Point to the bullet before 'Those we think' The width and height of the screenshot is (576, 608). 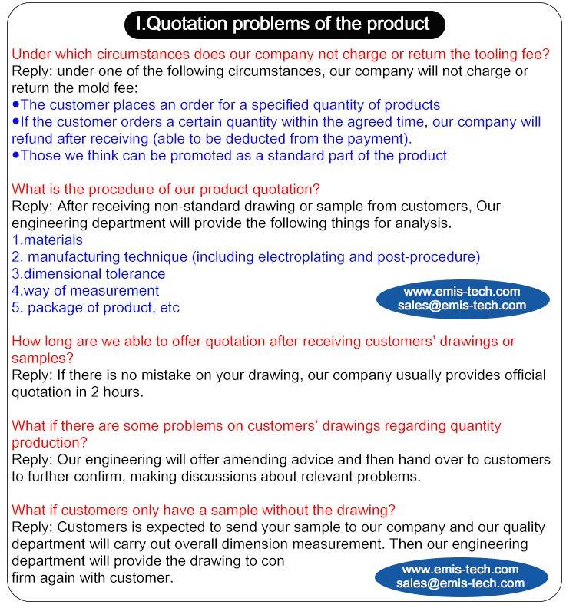pos(16,155)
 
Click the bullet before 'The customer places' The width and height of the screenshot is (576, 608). pos(16,104)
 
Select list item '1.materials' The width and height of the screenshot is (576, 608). pos(48,240)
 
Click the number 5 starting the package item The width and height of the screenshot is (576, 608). pos(16,308)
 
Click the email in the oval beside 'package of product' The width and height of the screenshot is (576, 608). pos(462,306)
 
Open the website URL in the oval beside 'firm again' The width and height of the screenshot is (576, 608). pos(462,570)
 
